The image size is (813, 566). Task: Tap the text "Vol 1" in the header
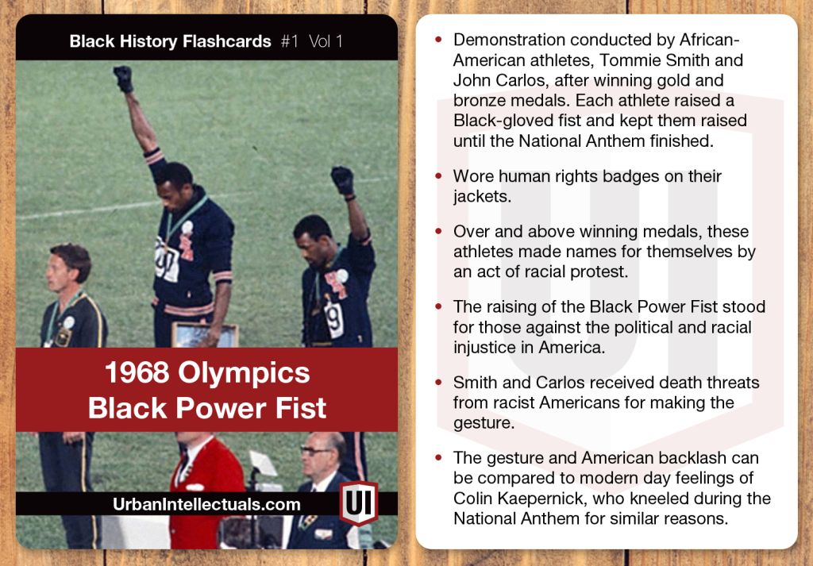[x=326, y=41]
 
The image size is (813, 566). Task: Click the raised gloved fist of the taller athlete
[x=123, y=79]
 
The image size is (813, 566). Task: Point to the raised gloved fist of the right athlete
[x=342, y=179]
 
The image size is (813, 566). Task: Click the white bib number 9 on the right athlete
[x=335, y=319]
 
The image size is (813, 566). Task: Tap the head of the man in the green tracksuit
[x=70, y=266]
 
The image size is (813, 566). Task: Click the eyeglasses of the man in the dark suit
[x=318, y=451]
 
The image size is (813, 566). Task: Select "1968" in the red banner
[x=138, y=373]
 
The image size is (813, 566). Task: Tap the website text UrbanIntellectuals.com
[x=207, y=505]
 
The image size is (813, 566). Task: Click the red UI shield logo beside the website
[x=358, y=503]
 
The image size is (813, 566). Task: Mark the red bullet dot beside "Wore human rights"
[x=438, y=176]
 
